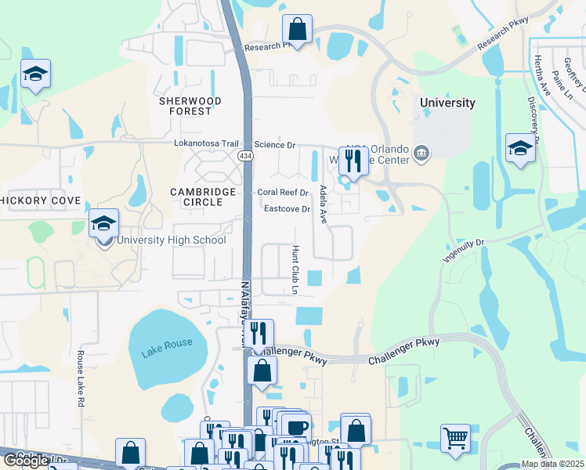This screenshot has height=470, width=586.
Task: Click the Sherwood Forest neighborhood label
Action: (x=190, y=106)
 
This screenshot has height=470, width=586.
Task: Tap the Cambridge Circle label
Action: (x=204, y=197)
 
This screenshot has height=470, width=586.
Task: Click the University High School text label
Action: (x=172, y=240)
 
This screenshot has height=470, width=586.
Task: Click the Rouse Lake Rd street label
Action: (x=81, y=378)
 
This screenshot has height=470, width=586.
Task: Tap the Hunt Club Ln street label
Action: (x=295, y=269)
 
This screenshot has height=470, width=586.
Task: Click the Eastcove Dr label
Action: (x=288, y=209)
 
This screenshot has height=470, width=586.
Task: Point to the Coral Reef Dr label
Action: (x=284, y=193)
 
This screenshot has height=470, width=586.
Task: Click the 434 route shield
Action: (x=246, y=157)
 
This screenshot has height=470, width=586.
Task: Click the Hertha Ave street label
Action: (x=541, y=76)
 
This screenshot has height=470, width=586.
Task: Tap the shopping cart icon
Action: (x=455, y=436)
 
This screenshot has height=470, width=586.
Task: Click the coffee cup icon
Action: (x=297, y=428)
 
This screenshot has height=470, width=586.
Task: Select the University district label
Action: (x=447, y=103)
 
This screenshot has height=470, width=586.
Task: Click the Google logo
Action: (x=26, y=461)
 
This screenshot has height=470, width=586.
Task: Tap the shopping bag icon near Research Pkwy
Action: (x=298, y=30)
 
